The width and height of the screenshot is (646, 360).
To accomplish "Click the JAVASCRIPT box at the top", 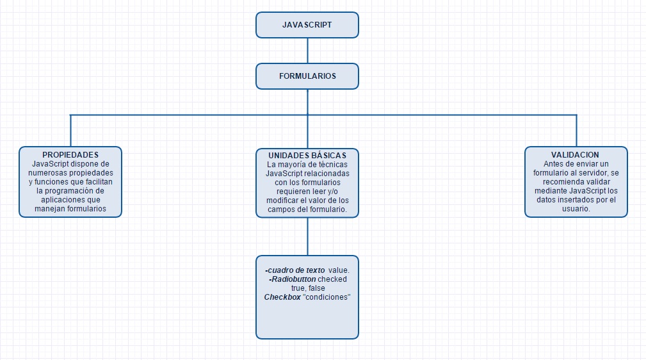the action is pos(307,25).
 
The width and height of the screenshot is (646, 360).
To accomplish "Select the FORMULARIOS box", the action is pos(307,76).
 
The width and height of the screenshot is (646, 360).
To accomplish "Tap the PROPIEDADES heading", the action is pos(70,155).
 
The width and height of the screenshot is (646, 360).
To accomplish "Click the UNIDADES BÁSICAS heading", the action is pos(307,156).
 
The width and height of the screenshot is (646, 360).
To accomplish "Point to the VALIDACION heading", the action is pos(575,155).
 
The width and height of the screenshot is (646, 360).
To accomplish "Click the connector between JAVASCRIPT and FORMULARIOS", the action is pos(307,51).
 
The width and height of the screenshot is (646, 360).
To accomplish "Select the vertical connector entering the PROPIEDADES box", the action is pos(70,131).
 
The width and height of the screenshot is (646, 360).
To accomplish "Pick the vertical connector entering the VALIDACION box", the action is pos(576,131).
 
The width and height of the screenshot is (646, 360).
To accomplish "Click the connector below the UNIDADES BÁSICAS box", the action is pos(307,237).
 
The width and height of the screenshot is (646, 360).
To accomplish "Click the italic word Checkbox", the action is pos(282,297).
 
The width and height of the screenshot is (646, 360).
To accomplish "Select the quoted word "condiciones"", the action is pos(327,297).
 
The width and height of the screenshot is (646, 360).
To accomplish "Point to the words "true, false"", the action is pos(308,288).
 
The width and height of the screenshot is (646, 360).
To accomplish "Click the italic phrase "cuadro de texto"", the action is pos(296,270).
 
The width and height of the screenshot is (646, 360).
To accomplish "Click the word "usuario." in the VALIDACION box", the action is pos(576,209).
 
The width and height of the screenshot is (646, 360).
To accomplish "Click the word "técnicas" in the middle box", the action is pos(334,165).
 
